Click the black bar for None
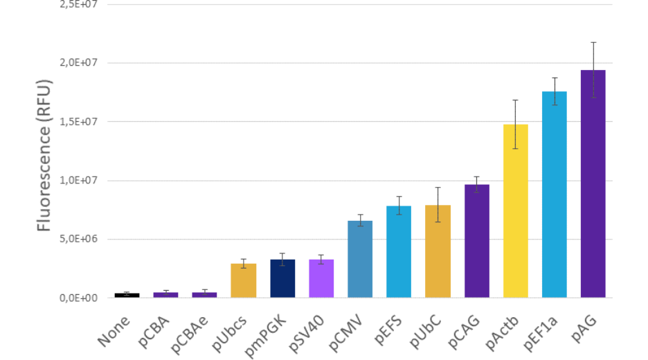tap(127, 295)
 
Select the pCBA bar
tap(166, 295)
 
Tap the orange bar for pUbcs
tap(244, 281)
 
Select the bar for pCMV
tap(360, 260)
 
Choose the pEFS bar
tap(399, 252)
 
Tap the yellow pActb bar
tap(515, 211)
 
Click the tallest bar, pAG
tap(593, 184)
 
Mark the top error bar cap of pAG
tap(593, 42)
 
